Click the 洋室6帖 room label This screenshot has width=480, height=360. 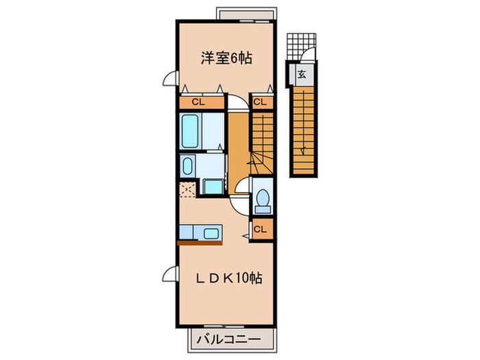(226, 59)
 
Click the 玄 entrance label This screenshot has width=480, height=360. (301, 74)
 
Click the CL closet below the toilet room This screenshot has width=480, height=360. (261, 229)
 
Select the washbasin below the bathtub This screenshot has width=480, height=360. (187, 165)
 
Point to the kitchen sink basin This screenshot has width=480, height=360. (211, 232)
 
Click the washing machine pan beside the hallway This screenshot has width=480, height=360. (213, 186)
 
